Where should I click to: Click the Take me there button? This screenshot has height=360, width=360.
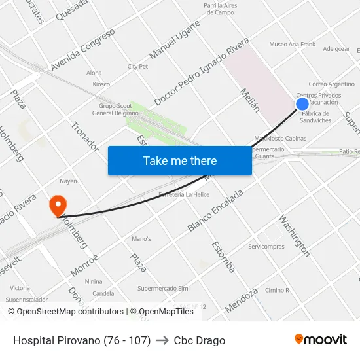[x=180, y=160]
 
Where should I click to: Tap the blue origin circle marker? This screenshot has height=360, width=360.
[x=302, y=103]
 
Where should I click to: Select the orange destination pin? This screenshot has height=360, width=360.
[x=58, y=205]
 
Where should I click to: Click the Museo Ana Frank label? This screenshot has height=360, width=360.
[x=292, y=45]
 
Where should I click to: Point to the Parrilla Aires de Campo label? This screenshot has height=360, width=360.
[x=220, y=9]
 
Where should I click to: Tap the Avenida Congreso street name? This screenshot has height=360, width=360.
[x=82, y=49]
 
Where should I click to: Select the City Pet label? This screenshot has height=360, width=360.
[x=137, y=66]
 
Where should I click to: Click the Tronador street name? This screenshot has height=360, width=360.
[x=84, y=136]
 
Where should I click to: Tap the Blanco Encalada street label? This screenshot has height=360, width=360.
[x=215, y=210]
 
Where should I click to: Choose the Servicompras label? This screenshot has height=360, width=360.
[x=266, y=247]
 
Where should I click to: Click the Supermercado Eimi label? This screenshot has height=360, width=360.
[x=163, y=288]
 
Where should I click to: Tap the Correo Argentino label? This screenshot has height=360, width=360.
[x=331, y=84]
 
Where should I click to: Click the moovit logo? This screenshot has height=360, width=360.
[x=320, y=340]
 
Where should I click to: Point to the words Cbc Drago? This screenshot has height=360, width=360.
[x=200, y=340]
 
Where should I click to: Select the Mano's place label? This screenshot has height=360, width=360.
[x=141, y=239]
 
